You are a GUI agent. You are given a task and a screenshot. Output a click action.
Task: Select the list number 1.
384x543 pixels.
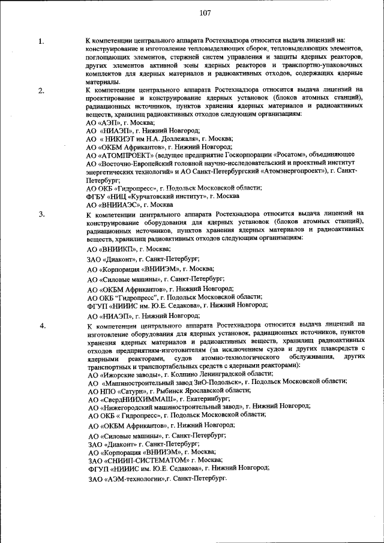pyautogui.click(x=41, y=41)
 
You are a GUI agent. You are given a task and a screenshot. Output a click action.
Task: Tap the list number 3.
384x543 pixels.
pyautogui.click(x=41, y=214)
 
